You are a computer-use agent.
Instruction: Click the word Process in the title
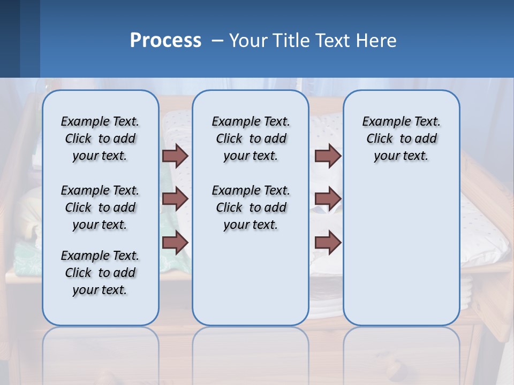(x=165, y=41)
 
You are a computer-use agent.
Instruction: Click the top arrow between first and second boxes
(x=175, y=156)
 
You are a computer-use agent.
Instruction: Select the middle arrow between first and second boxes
(x=175, y=199)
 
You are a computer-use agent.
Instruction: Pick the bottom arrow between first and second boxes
(x=175, y=242)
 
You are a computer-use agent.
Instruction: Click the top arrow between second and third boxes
(x=328, y=156)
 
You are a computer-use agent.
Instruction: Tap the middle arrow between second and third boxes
(x=328, y=199)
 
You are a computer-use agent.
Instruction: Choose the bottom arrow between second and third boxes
(x=328, y=242)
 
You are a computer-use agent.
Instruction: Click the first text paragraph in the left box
(x=100, y=138)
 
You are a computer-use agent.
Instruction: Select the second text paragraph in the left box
(x=100, y=207)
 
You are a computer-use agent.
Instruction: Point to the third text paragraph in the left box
(x=100, y=273)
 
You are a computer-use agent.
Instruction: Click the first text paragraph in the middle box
(x=251, y=138)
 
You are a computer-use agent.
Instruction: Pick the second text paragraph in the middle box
(x=251, y=207)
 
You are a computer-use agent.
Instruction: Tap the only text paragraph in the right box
(x=401, y=138)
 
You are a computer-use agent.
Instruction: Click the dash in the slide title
(x=217, y=41)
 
